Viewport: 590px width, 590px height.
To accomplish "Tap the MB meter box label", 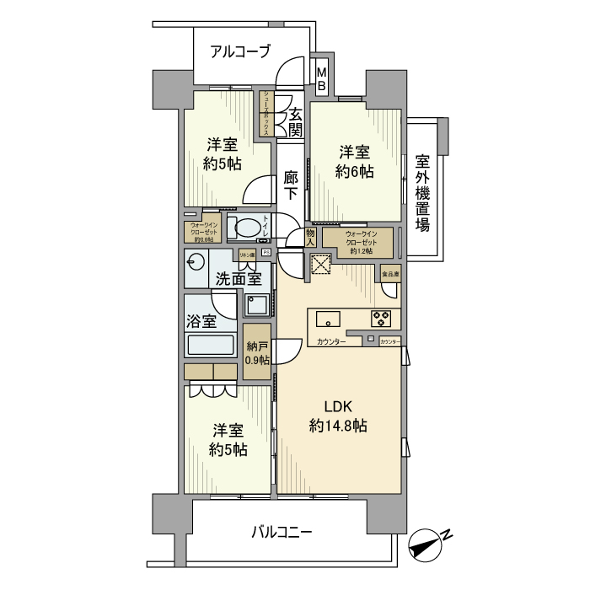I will [321, 78].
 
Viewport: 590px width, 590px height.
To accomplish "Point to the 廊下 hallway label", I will [291, 185].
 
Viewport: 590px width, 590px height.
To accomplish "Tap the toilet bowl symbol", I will [246, 227].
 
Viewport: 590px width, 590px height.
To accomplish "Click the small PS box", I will [265, 252].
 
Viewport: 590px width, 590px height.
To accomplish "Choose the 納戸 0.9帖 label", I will [258, 351].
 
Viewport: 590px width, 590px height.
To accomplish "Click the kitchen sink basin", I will [327, 319].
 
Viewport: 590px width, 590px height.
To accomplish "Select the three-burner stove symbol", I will [381, 319].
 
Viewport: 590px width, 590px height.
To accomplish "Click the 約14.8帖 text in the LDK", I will [338, 426].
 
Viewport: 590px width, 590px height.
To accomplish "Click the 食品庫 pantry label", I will [390, 275].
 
